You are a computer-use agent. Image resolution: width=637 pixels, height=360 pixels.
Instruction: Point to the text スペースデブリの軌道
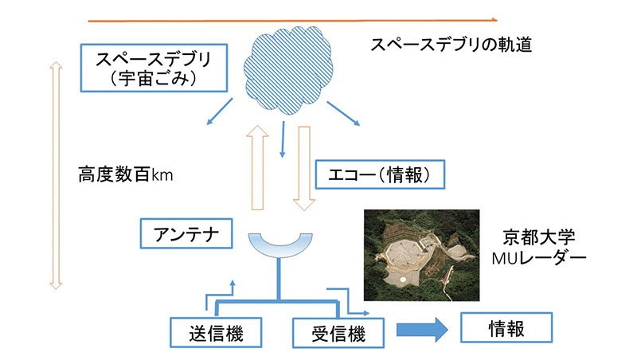[451, 45]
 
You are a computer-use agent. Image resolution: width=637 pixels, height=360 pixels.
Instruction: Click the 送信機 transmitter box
[205, 332]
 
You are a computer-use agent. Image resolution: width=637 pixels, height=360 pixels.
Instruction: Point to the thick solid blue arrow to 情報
[422, 331]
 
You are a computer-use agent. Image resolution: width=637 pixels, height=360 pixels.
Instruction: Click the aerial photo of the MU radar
[421, 255]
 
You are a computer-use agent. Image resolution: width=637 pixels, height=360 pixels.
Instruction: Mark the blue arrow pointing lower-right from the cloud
[344, 112]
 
